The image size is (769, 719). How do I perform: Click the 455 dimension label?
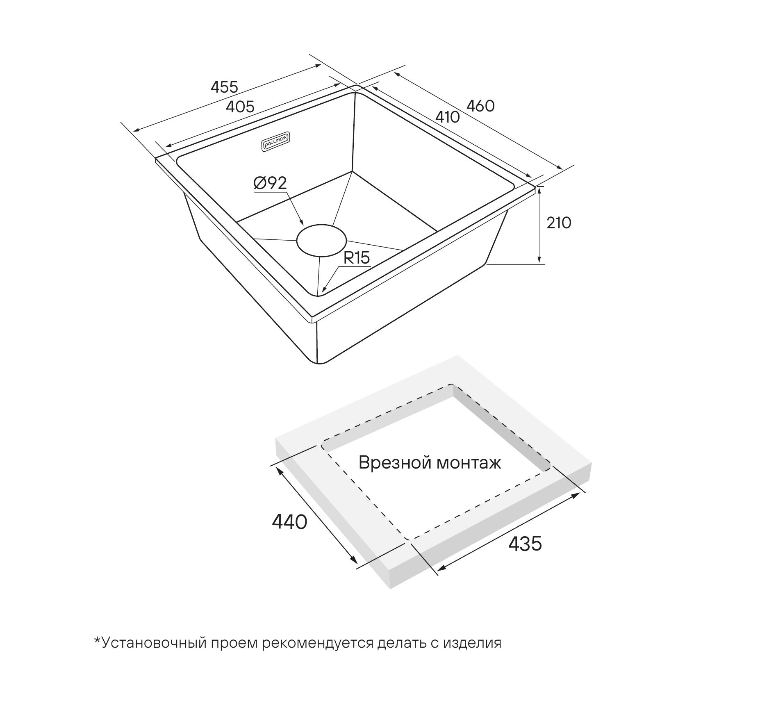(x=224, y=87)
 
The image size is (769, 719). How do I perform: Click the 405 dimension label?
(x=240, y=107)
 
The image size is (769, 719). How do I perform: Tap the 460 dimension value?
(x=481, y=106)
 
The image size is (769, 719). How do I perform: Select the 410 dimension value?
(x=447, y=117)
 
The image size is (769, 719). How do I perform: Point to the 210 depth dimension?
(x=559, y=223)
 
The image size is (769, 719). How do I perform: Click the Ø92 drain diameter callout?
(x=270, y=183)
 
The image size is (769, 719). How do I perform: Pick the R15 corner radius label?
(x=357, y=258)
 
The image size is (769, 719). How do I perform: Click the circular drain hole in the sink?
(x=321, y=241)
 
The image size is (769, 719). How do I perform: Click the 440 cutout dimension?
(x=289, y=522)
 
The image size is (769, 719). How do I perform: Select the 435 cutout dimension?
(x=525, y=544)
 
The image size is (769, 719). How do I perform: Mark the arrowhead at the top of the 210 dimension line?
(x=539, y=190)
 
